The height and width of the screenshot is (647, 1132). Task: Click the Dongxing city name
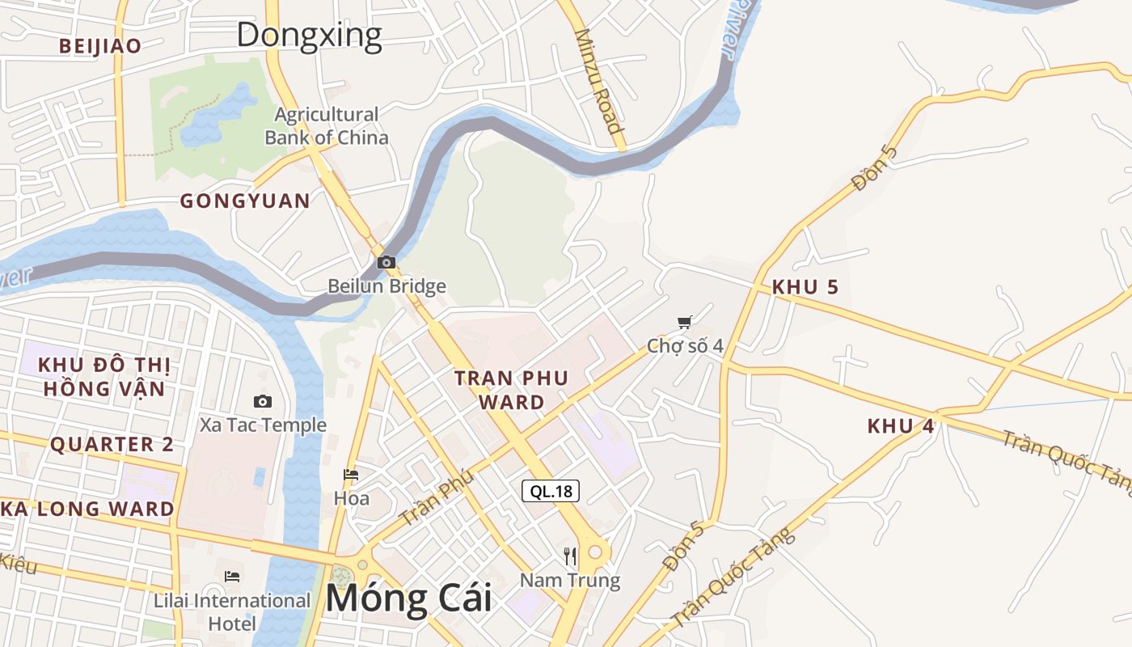click(x=309, y=35)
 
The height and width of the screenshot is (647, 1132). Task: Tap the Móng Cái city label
click(x=408, y=598)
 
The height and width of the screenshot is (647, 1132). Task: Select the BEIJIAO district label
click(x=99, y=46)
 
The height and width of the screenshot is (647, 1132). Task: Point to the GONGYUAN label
click(x=245, y=201)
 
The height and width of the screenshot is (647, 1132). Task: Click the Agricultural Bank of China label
click(x=327, y=126)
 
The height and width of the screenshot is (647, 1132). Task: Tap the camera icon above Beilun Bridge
click(x=386, y=262)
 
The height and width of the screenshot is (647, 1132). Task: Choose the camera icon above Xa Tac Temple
click(x=263, y=401)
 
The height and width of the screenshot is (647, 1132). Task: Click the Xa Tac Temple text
click(x=264, y=425)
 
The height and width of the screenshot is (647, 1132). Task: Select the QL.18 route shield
click(x=551, y=491)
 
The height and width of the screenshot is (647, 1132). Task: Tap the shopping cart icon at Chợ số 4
click(x=685, y=323)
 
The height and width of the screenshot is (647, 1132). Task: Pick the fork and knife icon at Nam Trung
click(x=570, y=556)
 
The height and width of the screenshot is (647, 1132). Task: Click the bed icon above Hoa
click(x=351, y=475)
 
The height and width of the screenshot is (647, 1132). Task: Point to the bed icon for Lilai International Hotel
click(x=232, y=577)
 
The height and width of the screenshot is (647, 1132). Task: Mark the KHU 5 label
click(x=805, y=287)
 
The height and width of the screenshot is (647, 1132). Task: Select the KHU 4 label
click(x=901, y=425)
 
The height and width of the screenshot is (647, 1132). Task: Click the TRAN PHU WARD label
click(x=511, y=390)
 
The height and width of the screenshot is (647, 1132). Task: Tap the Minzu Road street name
click(x=599, y=81)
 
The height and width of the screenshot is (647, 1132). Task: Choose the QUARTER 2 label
click(x=112, y=444)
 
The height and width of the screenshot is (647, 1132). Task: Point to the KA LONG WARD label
click(x=87, y=509)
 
